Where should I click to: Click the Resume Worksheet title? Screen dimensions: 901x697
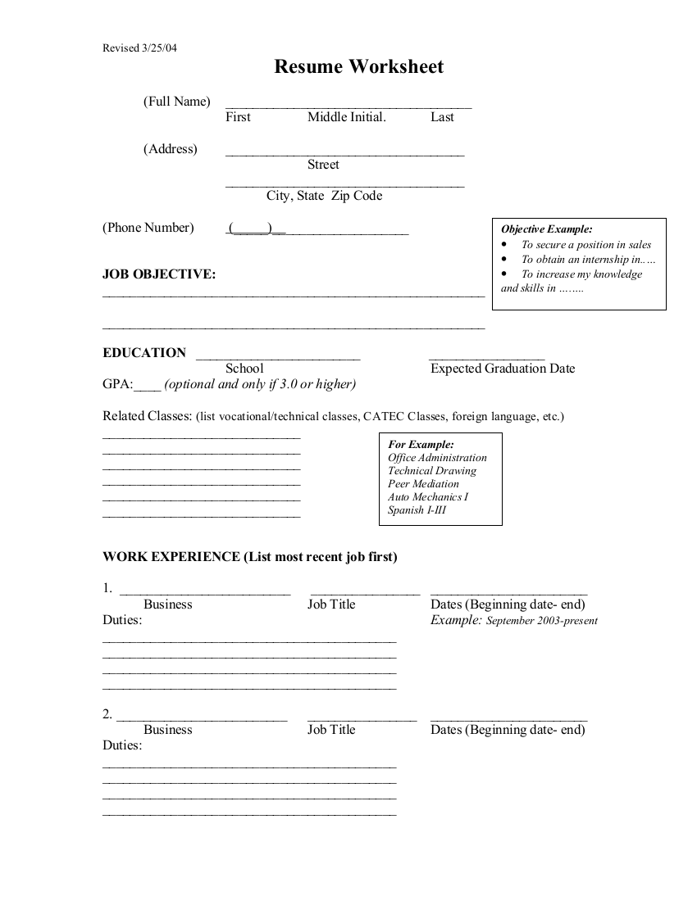pyautogui.click(x=358, y=67)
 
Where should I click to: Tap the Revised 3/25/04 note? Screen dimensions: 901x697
pyautogui.click(x=139, y=48)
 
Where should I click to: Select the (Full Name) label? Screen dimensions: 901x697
pyautogui.click(x=176, y=102)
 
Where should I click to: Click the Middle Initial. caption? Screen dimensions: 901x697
pyautogui.click(x=346, y=117)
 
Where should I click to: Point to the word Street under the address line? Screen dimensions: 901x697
pyautogui.click(x=323, y=165)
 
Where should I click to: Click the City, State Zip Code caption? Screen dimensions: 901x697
pyautogui.click(x=324, y=196)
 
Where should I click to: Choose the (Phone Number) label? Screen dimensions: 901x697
pyautogui.click(x=148, y=228)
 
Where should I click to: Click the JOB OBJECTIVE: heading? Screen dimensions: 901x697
pyautogui.click(x=159, y=274)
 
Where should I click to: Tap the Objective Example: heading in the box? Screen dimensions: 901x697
pyautogui.click(x=546, y=229)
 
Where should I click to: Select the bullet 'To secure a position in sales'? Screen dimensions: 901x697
pyautogui.click(x=585, y=244)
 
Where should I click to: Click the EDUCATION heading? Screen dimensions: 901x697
pyautogui.click(x=144, y=353)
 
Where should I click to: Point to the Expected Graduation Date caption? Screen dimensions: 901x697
pyautogui.click(x=503, y=369)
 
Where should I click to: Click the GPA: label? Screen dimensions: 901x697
pyautogui.click(x=117, y=384)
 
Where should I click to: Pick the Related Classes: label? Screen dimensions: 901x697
pyautogui.click(x=147, y=416)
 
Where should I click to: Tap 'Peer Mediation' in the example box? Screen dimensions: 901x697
pyautogui.click(x=423, y=484)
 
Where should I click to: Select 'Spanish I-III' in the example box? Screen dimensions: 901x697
pyautogui.click(x=417, y=510)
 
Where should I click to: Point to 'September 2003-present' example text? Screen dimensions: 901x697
pyautogui.click(x=541, y=621)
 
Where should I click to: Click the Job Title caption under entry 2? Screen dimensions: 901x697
pyautogui.click(x=331, y=730)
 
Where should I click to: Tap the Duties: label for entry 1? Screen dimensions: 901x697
pyautogui.click(x=122, y=620)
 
